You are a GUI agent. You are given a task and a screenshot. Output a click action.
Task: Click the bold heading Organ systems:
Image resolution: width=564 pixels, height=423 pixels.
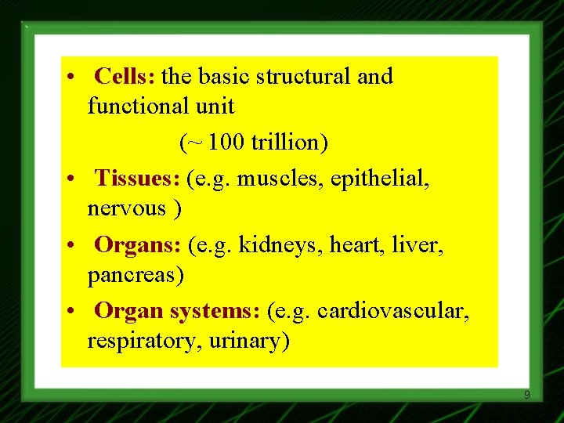tap(177, 311)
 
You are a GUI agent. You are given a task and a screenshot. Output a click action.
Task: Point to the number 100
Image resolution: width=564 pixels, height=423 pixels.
tap(226, 143)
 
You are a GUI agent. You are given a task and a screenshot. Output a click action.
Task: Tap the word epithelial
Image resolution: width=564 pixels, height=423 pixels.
tap(380, 180)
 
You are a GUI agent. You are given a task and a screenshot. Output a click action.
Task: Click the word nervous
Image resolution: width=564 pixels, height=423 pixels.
tap(128, 209)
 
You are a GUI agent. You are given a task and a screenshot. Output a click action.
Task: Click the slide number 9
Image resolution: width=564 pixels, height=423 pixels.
tap(526, 395)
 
